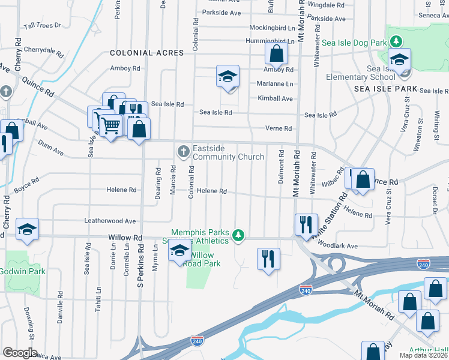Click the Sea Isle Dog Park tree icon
(x=396, y=41)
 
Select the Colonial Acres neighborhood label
(x=146, y=53)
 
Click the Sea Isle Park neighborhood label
(x=385, y=88)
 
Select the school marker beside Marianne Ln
(x=228, y=76)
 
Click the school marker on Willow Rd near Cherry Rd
(x=27, y=229)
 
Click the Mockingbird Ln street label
(x=272, y=28)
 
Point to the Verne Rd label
(x=279, y=128)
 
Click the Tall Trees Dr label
(x=42, y=26)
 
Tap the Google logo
(x=19, y=353)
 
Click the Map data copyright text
(x=424, y=355)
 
